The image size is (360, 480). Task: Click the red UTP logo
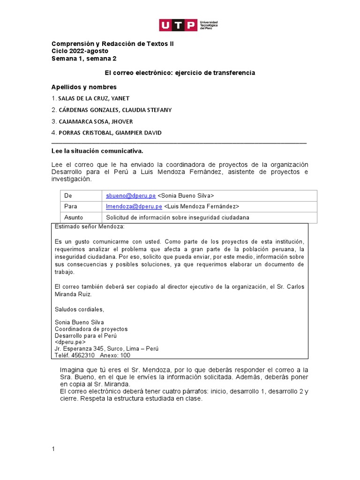178,25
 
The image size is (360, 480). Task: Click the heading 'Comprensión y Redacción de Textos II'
108,44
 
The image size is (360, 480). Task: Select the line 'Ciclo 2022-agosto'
80,51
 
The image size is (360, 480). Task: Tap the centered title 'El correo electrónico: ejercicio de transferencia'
180,73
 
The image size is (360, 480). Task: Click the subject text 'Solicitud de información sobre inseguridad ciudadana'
178,217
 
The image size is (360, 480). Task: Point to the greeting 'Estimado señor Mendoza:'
90,227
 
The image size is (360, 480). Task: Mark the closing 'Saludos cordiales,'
80,309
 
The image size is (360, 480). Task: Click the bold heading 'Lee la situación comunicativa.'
97,151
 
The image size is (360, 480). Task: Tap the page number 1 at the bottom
53,450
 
